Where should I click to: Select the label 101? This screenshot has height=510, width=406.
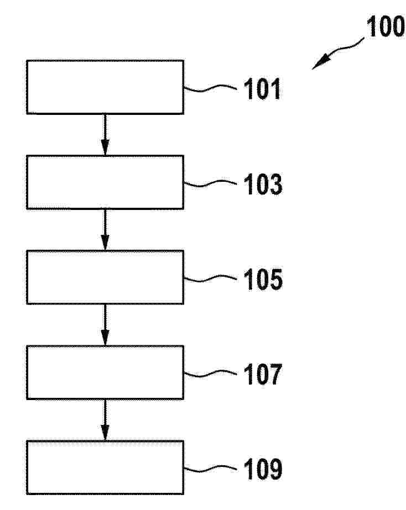pyautogui.click(x=262, y=89)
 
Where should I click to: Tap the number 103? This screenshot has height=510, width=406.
pyautogui.click(x=263, y=184)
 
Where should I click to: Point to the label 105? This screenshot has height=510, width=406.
pyautogui.click(x=263, y=279)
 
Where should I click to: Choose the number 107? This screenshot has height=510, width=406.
pyautogui.click(x=262, y=374)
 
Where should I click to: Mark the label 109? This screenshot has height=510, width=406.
pyautogui.click(x=263, y=469)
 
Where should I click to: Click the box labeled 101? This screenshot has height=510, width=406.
pyautogui.click(x=105, y=87)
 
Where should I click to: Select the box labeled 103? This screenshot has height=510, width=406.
pyautogui.click(x=105, y=182)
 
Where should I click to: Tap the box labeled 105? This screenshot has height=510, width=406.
pyautogui.click(x=105, y=277)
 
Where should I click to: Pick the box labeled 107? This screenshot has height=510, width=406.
pyautogui.click(x=105, y=372)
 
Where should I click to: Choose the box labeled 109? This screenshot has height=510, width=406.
pyautogui.click(x=105, y=467)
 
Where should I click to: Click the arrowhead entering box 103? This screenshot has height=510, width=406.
pyautogui.click(x=105, y=148)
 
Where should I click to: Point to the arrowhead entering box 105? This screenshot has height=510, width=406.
pyautogui.click(x=105, y=243)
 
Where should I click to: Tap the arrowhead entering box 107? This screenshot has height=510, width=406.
pyautogui.click(x=105, y=338)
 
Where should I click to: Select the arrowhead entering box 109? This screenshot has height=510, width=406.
pyautogui.click(x=105, y=433)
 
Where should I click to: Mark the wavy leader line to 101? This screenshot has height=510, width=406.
pyautogui.click(x=210, y=88)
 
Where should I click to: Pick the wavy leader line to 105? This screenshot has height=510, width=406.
pyautogui.click(x=210, y=278)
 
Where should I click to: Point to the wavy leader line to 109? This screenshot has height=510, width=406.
pyautogui.click(x=210, y=469)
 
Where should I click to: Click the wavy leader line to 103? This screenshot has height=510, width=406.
pyautogui.click(x=210, y=183)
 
